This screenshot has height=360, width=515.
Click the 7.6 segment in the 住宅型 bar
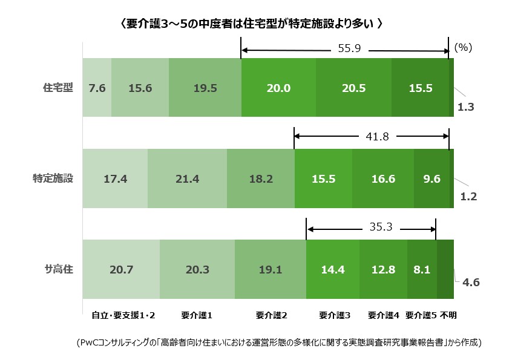coord(97,88)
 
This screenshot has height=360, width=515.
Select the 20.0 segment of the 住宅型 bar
coord(278,88)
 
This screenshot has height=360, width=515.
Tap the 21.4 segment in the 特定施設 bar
coord(187,179)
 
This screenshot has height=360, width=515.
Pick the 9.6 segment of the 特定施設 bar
coord(431,179)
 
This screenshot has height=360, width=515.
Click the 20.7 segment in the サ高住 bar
coord(121,270)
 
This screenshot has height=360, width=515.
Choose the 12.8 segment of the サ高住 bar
coord(383,270)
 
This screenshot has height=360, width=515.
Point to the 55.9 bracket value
coord(349,49)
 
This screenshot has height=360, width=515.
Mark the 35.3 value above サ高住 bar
coord(380,227)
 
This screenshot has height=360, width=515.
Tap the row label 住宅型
coord(58,88)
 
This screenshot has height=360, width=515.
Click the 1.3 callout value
coord(466,107)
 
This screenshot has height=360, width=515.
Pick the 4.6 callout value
coord(470,281)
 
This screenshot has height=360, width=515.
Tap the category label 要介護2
coord(271,315)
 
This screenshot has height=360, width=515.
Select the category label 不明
coord(448,315)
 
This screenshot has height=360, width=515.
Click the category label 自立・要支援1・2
coord(123,315)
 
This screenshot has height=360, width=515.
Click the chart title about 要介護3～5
coord(251,24)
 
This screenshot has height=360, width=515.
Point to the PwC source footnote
coord(280,343)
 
